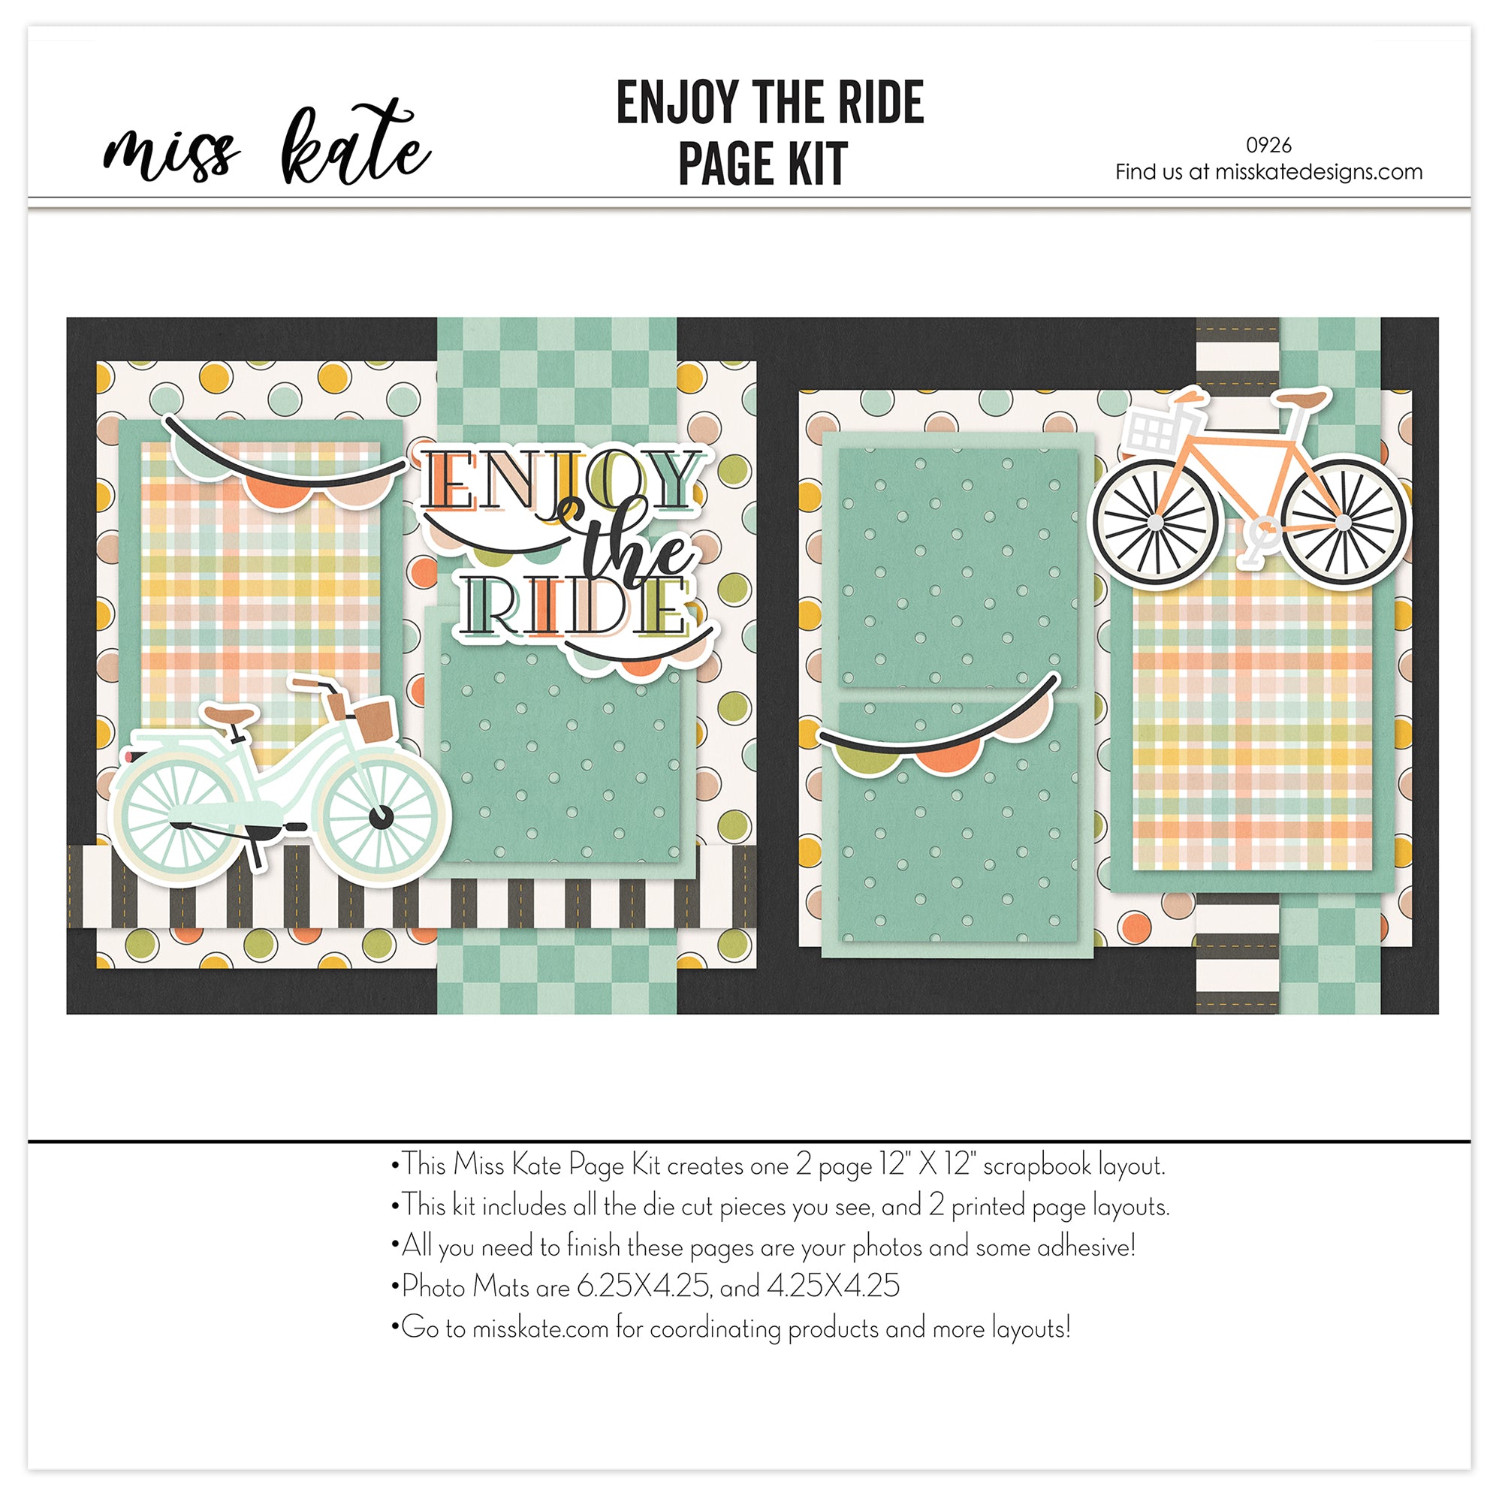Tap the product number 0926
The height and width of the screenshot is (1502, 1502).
pos(1268,146)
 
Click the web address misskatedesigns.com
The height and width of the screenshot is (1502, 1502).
pos(1319,172)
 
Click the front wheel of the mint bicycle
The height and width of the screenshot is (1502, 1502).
pos(381,815)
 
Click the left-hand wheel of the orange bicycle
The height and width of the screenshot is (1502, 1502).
pos(1156,523)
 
